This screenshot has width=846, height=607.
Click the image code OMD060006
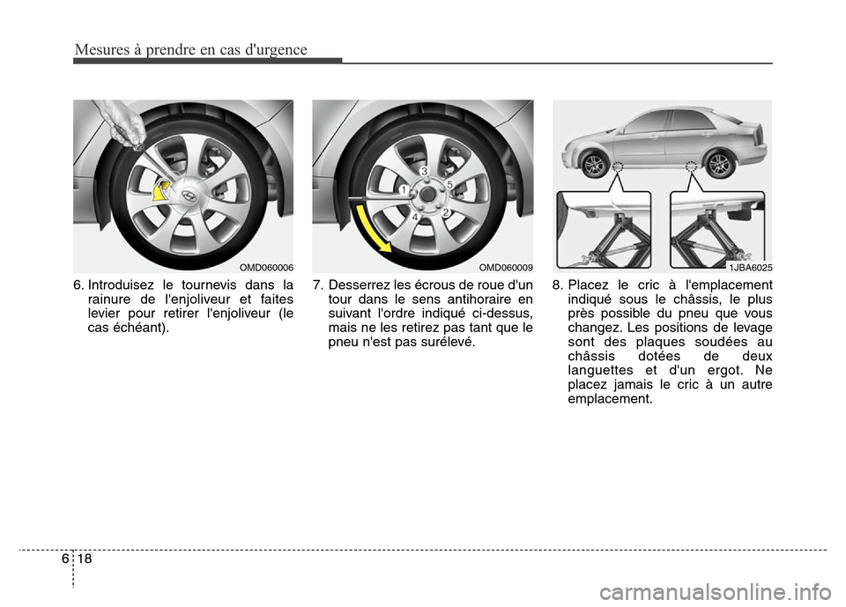(265, 266)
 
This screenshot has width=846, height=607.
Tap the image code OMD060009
(505, 266)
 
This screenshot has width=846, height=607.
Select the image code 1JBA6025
(748, 266)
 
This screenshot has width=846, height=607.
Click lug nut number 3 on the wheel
(424, 171)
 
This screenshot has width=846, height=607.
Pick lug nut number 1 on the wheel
(403, 189)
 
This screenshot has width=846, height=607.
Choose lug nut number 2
(446, 212)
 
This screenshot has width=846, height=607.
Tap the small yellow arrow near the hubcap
(161, 190)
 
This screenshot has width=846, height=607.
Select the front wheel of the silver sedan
(595, 164)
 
